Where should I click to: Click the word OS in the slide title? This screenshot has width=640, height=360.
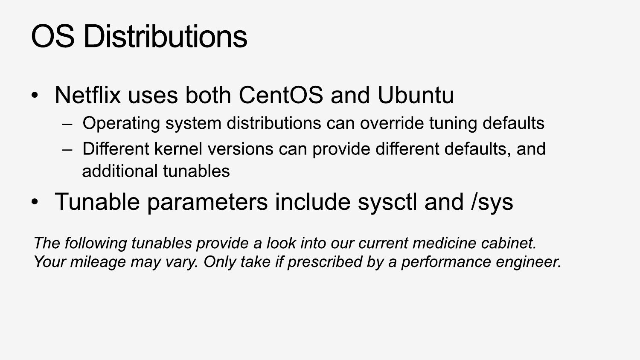(53, 36)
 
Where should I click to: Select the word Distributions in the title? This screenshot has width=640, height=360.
(166, 36)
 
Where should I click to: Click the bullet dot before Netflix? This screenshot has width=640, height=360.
(35, 96)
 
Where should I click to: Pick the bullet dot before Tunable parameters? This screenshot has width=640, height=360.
(35, 202)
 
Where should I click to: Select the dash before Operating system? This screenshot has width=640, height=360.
(67, 124)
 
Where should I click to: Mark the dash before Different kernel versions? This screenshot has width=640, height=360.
(67, 150)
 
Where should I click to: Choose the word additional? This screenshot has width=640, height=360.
(120, 171)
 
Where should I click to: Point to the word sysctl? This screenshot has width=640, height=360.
(387, 202)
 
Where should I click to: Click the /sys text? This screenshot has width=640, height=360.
(492, 202)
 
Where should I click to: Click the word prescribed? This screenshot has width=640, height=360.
(325, 262)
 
